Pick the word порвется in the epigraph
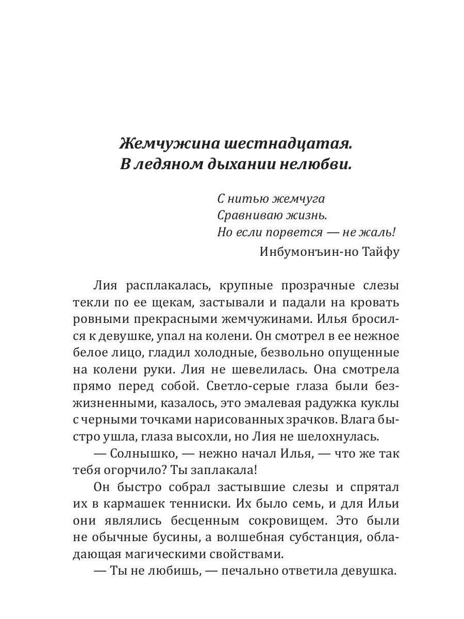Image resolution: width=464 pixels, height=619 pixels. click(x=289, y=232)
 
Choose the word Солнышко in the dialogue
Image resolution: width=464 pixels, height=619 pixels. click(x=148, y=454)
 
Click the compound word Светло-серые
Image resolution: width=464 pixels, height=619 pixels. click(x=241, y=387)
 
